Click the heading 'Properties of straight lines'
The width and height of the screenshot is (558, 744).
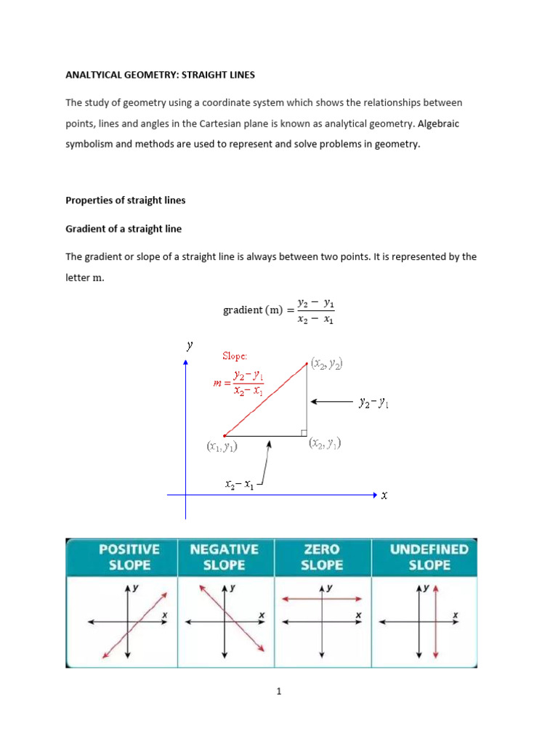coord(126,201)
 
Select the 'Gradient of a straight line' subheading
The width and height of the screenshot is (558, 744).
coord(124,228)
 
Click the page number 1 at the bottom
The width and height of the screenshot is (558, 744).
coord(278,692)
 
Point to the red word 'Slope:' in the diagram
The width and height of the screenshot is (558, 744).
coord(235,356)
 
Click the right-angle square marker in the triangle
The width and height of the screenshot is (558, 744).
coord(303,433)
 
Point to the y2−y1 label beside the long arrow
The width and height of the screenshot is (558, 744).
coord(374,401)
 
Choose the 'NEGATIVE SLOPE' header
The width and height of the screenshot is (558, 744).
coord(225,557)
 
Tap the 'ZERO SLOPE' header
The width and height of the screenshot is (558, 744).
coord(322,557)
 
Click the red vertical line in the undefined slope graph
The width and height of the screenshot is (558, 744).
coord(435,622)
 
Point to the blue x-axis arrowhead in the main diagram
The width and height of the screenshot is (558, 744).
coord(375,495)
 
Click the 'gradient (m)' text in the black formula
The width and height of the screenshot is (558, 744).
coord(254,310)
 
